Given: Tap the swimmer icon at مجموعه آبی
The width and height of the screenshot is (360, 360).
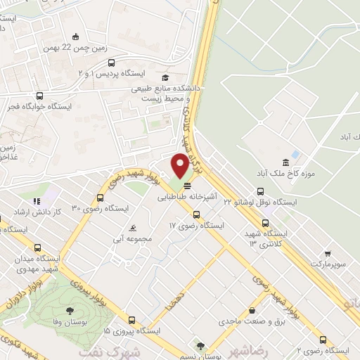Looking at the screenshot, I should [x=134, y=229].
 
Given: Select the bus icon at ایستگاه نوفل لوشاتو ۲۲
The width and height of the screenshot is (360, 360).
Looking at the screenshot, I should [x=261, y=191].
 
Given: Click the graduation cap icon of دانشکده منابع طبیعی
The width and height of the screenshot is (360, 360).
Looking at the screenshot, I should [x=165, y=78].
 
